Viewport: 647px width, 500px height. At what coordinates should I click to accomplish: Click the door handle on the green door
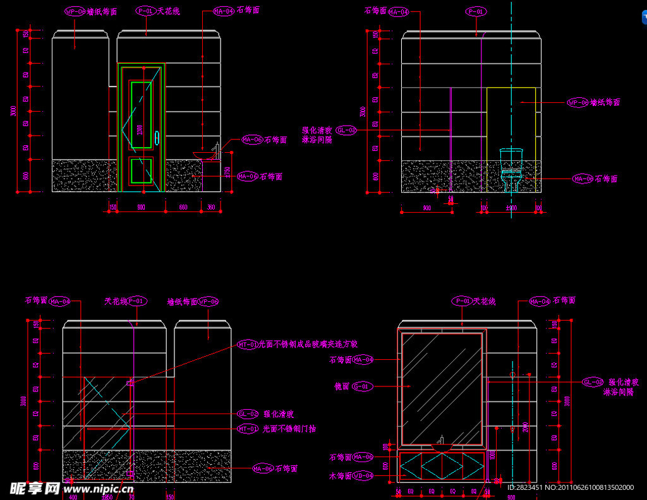[157, 137]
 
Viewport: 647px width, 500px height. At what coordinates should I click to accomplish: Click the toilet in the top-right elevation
[511, 169]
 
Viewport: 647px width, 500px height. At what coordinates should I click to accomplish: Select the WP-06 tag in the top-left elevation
[75, 11]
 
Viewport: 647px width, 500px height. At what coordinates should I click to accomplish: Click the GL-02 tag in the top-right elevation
[346, 130]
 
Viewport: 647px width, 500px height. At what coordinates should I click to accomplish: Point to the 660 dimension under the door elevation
[183, 207]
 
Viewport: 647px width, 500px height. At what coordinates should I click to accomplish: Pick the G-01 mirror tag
[363, 386]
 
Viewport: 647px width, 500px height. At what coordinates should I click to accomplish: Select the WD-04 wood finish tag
[363, 475]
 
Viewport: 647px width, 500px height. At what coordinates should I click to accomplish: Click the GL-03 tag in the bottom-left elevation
[248, 414]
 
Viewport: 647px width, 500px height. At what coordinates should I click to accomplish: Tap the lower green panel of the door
[141, 170]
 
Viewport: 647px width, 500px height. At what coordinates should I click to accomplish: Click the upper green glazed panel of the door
[142, 114]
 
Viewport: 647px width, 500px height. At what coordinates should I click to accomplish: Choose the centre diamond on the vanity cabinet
[441, 465]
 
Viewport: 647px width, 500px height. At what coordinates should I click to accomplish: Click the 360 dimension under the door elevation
[211, 207]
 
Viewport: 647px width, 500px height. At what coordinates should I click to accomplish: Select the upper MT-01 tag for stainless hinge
[248, 344]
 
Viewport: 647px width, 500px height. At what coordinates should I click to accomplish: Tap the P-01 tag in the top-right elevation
[476, 11]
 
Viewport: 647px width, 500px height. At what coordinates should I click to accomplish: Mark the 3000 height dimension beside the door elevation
[13, 111]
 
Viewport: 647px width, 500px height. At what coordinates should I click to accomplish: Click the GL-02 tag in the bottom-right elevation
[593, 382]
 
